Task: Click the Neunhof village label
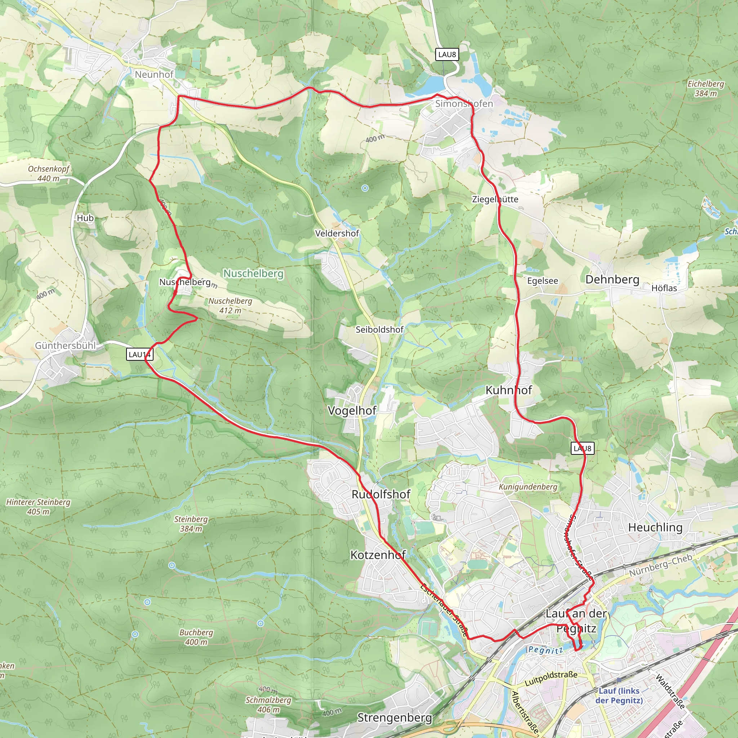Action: pyautogui.click(x=154, y=75)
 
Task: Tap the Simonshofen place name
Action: pyautogui.click(x=464, y=103)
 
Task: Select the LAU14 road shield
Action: pyautogui.click(x=140, y=355)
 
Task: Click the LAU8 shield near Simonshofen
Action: pyautogui.click(x=447, y=54)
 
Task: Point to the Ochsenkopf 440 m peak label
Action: pyautogui.click(x=49, y=173)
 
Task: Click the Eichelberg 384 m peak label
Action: pyautogui.click(x=706, y=88)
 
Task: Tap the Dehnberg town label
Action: pyautogui.click(x=612, y=280)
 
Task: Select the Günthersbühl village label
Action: pyautogui.click(x=65, y=345)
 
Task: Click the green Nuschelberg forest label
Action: pyautogui.click(x=253, y=274)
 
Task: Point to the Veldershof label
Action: pyautogui.click(x=337, y=234)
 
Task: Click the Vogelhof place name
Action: pyautogui.click(x=352, y=411)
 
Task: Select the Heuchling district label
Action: pyautogui.click(x=655, y=528)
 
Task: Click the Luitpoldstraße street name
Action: pyautogui.click(x=551, y=679)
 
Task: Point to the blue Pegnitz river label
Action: pyautogui.click(x=546, y=650)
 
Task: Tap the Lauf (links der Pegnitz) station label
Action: pyautogui.click(x=619, y=695)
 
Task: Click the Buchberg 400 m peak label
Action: pyautogui.click(x=196, y=637)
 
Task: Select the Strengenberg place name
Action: pyautogui.click(x=395, y=717)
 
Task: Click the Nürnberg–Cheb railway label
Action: pyautogui.click(x=661, y=565)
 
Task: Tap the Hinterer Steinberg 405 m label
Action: pyautogui.click(x=38, y=507)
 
